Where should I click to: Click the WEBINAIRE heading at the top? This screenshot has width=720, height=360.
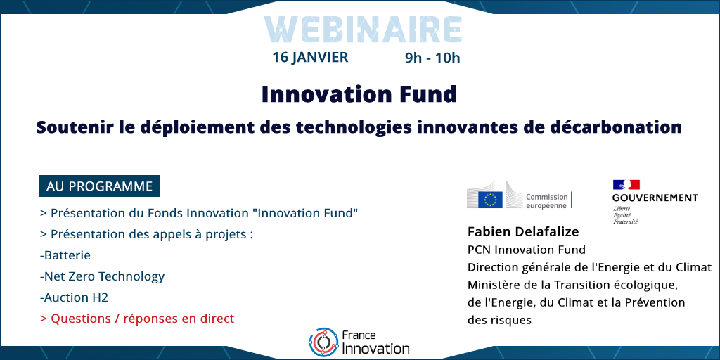point(363,30)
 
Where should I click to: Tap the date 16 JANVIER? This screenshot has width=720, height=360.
point(310,58)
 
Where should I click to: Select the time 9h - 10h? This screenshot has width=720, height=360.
point(432,58)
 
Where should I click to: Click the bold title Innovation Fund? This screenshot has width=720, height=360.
point(359,94)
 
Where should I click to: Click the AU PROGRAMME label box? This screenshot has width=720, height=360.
point(99,186)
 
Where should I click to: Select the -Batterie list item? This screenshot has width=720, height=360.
point(65,255)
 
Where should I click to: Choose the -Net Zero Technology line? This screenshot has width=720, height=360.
point(102,277)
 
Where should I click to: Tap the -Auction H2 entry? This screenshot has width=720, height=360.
point(74,297)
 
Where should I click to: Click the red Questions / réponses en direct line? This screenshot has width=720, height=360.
point(137,319)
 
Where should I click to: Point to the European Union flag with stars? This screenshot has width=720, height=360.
point(490,200)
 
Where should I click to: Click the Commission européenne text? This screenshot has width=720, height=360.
point(546,201)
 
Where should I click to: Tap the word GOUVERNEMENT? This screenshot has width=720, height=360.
point(655,198)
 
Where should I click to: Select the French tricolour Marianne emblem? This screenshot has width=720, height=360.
point(626,185)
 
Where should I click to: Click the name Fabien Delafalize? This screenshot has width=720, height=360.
point(523,232)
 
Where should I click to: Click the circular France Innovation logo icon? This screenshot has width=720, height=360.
point(323,343)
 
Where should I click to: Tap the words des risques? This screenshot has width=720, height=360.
point(499,320)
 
